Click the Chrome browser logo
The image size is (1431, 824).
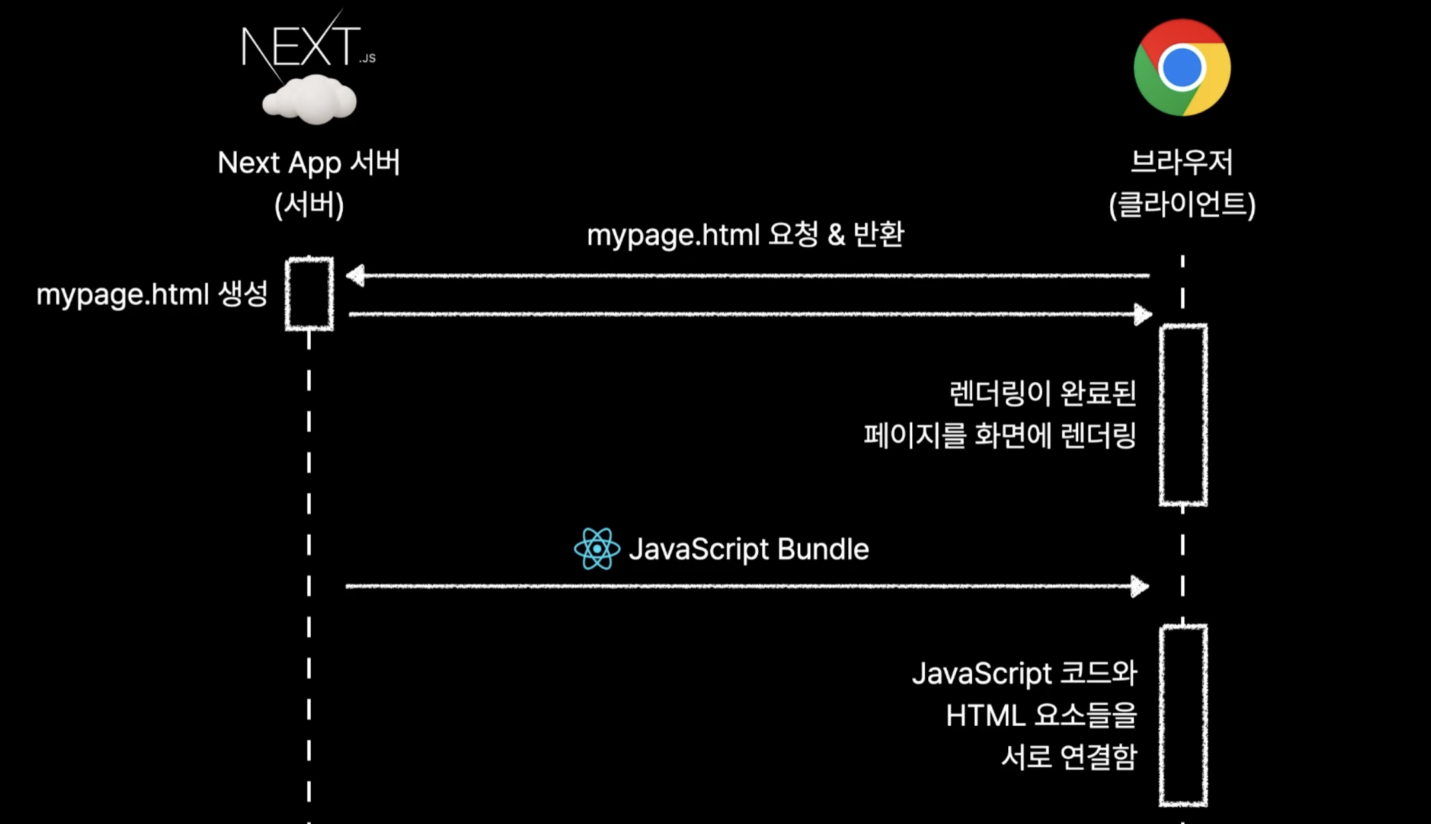click(x=1182, y=67)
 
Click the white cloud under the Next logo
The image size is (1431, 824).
click(x=309, y=101)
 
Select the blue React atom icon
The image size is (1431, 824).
click(x=597, y=549)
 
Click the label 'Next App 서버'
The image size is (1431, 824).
click(x=309, y=163)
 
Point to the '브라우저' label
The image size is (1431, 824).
click(x=1182, y=162)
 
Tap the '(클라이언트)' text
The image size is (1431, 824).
click(x=1182, y=204)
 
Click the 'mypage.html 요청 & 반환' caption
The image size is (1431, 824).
click(x=745, y=235)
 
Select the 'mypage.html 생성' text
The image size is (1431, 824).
click(x=152, y=294)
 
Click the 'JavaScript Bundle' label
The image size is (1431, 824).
click(x=748, y=549)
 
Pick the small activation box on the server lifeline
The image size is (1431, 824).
click(x=309, y=293)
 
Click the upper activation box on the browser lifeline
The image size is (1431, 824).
click(x=1184, y=415)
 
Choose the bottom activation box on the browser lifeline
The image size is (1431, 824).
click(x=1184, y=715)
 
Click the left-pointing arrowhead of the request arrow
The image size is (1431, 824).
click(x=355, y=275)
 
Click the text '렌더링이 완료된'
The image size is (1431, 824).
click(x=1042, y=393)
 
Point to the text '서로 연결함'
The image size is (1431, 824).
click(x=1069, y=757)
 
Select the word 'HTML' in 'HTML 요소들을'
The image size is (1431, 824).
click(x=985, y=716)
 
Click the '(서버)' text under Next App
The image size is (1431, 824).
click(x=309, y=205)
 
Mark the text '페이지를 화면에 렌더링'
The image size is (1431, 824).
click(x=1000, y=435)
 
